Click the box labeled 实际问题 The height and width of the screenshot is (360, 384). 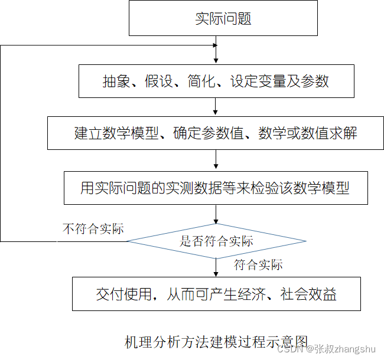pyautogui.click(x=223, y=18)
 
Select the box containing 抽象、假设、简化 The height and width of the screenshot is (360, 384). pyautogui.click(x=216, y=81)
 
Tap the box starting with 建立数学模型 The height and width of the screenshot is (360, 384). pyautogui.click(x=216, y=132)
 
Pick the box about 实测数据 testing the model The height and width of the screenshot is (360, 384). pyautogui.click(x=216, y=188)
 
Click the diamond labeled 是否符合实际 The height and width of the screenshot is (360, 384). pyautogui.click(x=216, y=241)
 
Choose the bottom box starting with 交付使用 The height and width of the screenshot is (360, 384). pyautogui.click(x=216, y=294)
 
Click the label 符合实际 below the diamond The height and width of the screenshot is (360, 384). pyautogui.click(x=258, y=265)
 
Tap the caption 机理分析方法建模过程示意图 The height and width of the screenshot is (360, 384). pyautogui.click(x=216, y=342)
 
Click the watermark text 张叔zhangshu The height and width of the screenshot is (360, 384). pyautogui.click(x=346, y=349)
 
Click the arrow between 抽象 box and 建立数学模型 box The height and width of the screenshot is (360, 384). pyautogui.click(x=216, y=107)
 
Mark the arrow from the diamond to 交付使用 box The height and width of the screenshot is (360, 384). pyautogui.click(x=216, y=267)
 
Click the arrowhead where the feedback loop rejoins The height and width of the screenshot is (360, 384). pyautogui.click(x=214, y=45)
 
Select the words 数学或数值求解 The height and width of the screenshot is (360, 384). pyautogui.click(x=308, y=132)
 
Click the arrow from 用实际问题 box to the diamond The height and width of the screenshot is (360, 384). pyautogui.click(x=216, y=214)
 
